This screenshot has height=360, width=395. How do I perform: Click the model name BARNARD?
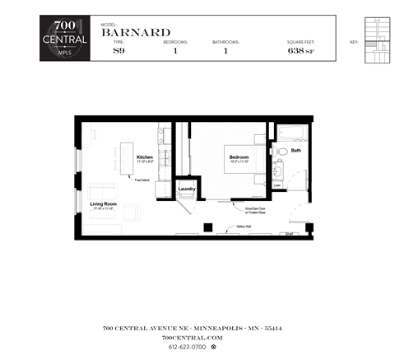(x=136, y=32)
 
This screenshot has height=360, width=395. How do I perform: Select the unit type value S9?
(x=119, y=51)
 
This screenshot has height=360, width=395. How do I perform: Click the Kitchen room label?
(x=145, y=157)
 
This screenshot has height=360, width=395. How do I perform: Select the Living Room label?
(x=104, y=203)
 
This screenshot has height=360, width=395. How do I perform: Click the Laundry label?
(x=187, y=189)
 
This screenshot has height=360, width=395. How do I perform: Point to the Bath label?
(x=296, y=151)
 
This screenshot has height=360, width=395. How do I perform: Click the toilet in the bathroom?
(x=281, y=152)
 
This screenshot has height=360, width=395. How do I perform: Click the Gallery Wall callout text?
(x=243, y=225)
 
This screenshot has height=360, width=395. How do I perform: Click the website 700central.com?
(x=192, y=337)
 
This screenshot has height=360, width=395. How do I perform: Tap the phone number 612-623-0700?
(x=187, y=348)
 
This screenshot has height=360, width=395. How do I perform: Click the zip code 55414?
(x=272, y=328)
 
